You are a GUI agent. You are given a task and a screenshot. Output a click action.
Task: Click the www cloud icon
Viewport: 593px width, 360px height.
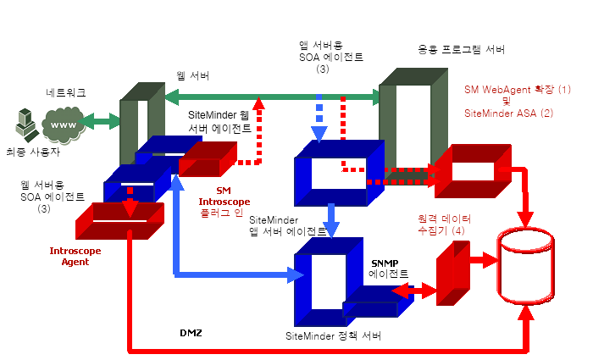pos(62,125)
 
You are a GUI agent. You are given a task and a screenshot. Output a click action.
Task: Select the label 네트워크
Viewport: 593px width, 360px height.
pos(66,91)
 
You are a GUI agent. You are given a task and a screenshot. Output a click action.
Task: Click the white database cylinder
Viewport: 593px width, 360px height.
pos(528,264)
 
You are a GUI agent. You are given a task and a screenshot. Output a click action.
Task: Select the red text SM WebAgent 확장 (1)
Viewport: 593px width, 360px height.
pos(518,89)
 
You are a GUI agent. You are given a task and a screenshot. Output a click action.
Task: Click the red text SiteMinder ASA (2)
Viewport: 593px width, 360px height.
pos(508,113)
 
